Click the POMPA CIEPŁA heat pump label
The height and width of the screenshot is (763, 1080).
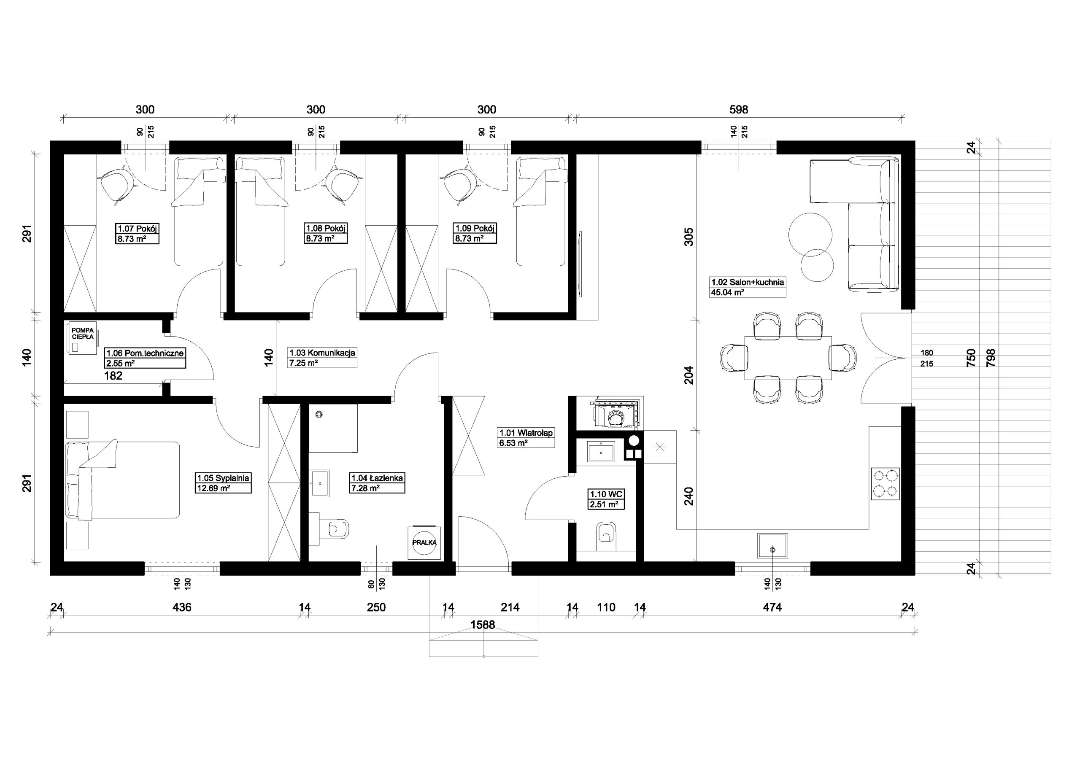82,334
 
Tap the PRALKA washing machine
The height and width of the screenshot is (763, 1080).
424,542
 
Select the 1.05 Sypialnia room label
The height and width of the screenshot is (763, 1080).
223,478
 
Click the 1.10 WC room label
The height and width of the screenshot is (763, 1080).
606,494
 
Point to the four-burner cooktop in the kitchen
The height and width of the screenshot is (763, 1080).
885,484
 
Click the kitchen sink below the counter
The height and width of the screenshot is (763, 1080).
772,546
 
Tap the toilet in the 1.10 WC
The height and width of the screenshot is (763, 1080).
606,535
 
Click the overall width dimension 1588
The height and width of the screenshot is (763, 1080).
483,625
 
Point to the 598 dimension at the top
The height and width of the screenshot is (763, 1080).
739,110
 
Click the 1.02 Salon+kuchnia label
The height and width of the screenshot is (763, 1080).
748,282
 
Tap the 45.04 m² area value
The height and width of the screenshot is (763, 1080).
727,293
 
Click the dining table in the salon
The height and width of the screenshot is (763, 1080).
788,358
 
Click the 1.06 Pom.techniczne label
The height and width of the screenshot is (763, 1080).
145,353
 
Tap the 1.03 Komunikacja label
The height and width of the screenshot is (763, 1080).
322,353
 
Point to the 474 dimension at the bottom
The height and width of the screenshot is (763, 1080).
772,607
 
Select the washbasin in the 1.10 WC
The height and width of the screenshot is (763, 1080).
601,452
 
